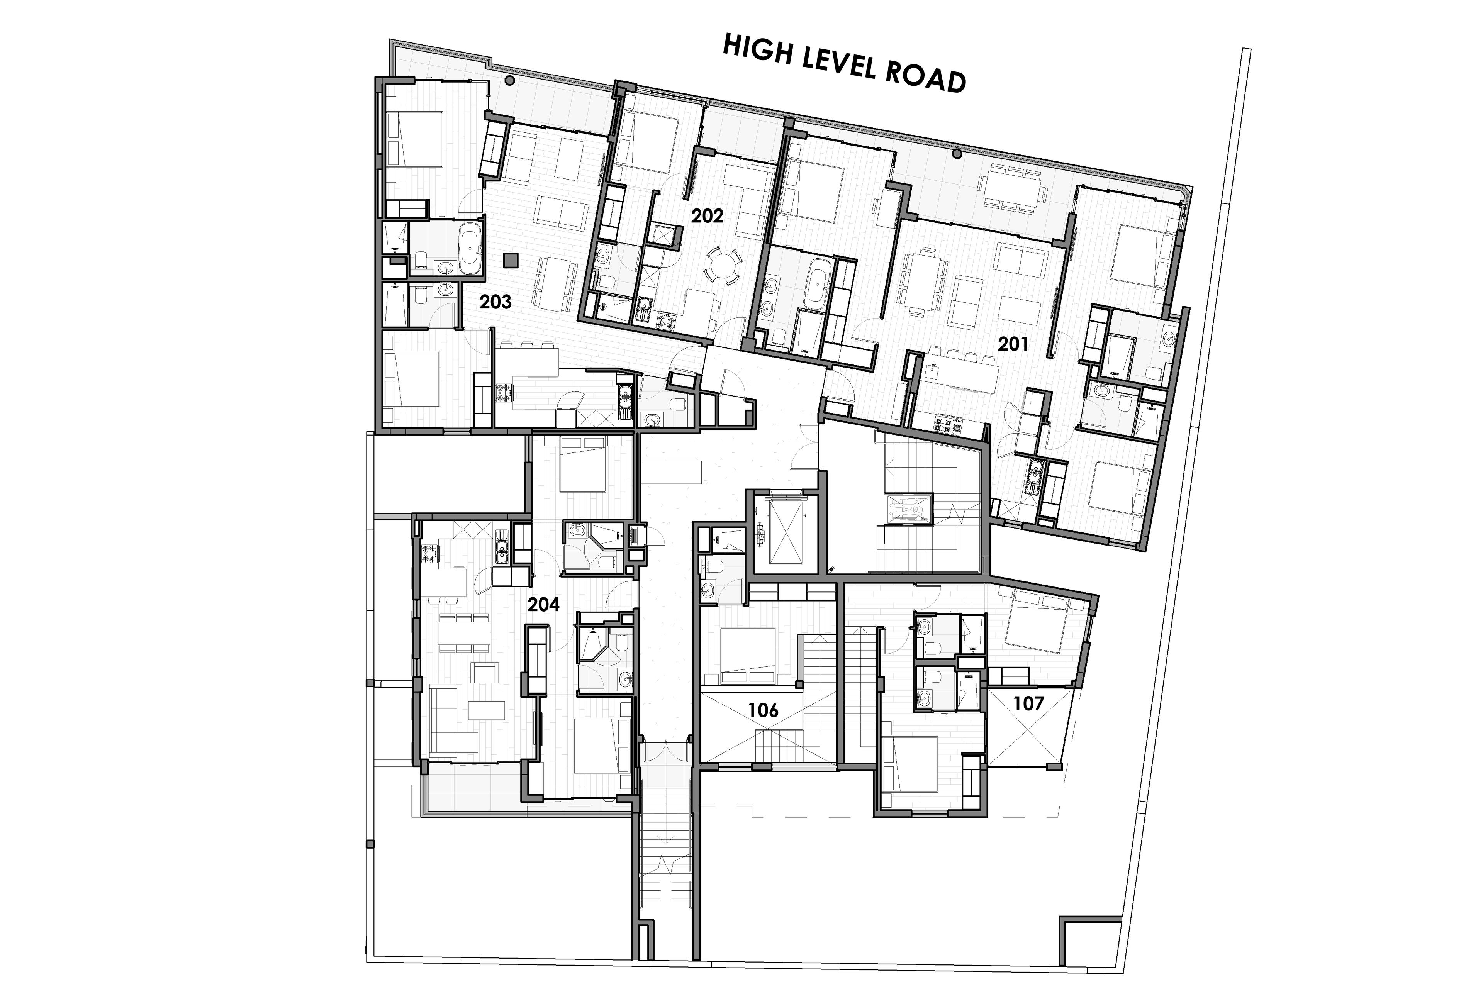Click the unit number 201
(1013, 344)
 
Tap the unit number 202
(707, 216)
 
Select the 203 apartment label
(495, 302)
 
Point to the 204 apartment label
(543, 604)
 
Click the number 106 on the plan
(763, 710)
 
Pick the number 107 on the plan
(1028, 703)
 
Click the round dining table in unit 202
(722, 264)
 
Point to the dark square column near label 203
(511, 259)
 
